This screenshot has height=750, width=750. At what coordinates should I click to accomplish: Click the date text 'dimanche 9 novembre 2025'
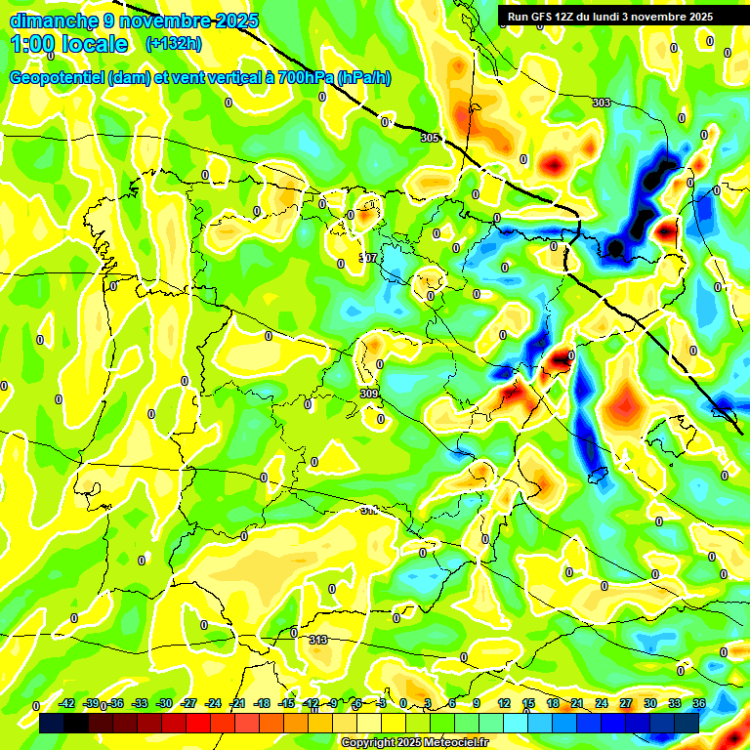[134, 21]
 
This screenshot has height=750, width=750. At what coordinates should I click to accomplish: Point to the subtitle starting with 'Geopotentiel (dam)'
[199, 78]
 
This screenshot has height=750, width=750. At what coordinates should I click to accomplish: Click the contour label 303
[602, 103]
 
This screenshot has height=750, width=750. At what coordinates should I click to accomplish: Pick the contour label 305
[430, 138]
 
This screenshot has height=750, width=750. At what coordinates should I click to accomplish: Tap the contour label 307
[367, 259]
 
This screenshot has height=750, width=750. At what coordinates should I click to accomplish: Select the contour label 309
[369, 394]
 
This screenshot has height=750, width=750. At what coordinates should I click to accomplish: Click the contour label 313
[317, 640]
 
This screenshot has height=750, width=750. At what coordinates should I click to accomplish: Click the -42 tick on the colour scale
[67, 704]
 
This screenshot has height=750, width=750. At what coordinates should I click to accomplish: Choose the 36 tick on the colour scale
[698, 704]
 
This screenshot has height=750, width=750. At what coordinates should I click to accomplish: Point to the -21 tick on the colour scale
[237, 704]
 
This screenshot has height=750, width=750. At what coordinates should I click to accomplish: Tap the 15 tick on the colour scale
[528, 704]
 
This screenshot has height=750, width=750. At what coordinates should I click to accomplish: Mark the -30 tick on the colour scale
[164, 704]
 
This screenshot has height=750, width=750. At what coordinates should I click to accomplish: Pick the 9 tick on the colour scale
[477, 704]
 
